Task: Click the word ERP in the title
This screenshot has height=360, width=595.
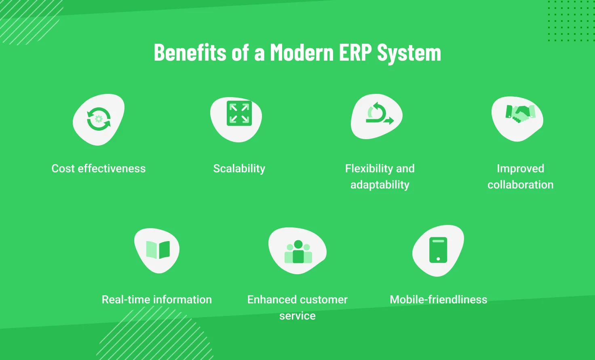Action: pyautogui.click(x=356, y=53)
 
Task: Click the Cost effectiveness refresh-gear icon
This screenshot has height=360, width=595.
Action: pyautogui.click(x=99, y=119)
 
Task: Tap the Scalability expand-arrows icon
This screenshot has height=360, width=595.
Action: pyautogui.click(x=239, y=113)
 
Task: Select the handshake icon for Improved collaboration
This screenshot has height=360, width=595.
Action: pyautogui.click(x=520, y=114)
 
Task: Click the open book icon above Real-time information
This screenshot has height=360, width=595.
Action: pyautogui.click(x=158, y=250)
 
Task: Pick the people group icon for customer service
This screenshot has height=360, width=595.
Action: pyautogui.click(x=298, y=252)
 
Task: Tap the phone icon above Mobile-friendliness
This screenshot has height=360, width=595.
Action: pyautogui.click(x=438, y=250)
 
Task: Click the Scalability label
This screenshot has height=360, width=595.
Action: pyautogui.click(x=239, y=168)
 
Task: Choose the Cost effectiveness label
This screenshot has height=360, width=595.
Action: pyautogui.click(x=99, y=168)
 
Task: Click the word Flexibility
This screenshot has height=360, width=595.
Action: pyautogui.click(x=369, y=168)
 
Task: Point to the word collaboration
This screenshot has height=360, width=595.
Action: pyautogui.click(x=520, y=185)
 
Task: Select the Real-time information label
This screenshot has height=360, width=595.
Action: pyautogui.click(x=157, y=299)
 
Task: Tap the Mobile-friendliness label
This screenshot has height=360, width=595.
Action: pyautogui.click(x=439, y=299)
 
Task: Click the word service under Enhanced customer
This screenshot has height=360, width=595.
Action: pyautogui.click(x=297, y=316)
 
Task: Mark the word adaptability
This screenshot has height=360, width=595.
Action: pyautogui.click(x=380, y=185)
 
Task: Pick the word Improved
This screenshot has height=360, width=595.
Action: pyautogui.click(x=520, y=168)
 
